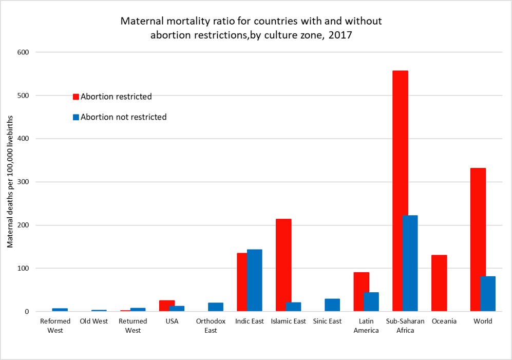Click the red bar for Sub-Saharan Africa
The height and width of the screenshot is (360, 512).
[x=400, y=191]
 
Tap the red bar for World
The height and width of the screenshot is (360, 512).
[x=478, y=239]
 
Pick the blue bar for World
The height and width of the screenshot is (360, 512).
[x=488, y=293]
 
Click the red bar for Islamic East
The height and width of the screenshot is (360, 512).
[x=283, y=265]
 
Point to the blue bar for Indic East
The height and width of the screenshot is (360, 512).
[x=254, y=280]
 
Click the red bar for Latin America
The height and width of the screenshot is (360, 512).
[x=362, y=291]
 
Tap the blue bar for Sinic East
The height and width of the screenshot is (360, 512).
[x=332, y=305]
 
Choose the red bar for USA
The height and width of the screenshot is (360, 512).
[x=167, y=306]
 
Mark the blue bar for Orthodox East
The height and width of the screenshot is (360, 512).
[x=216, y=307]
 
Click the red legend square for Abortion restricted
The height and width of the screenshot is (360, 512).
[x=76, y=97]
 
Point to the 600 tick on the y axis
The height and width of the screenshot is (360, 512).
[x=25, y=52]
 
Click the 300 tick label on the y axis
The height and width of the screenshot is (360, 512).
[x=25, y=182]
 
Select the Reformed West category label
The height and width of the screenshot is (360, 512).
[x=55, y=326]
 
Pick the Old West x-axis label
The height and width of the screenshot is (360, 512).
[x=94, y=321]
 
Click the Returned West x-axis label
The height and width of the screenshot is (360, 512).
[x=132, y=326]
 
